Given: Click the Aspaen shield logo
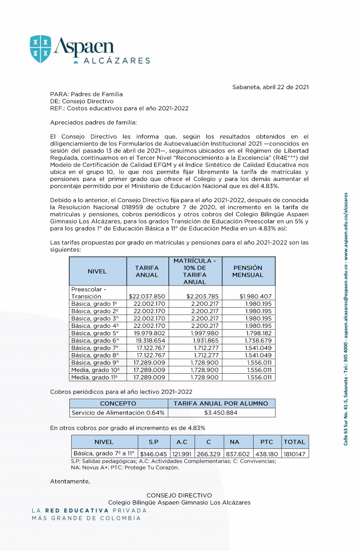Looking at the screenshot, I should (40, 49).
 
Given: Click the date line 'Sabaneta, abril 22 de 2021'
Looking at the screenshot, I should (270, 87).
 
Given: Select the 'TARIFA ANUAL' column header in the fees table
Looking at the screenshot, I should (147, 271).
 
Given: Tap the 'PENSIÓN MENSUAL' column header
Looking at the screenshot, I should (248, 271).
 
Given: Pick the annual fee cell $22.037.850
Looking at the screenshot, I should (147, 296).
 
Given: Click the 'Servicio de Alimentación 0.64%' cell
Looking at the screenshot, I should (118, 413).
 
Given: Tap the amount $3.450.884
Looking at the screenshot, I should (221, 413).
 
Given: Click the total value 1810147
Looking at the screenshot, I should (294, 454).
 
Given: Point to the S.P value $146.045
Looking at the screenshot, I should (153, 454).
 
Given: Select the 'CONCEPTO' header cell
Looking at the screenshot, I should (118, 403).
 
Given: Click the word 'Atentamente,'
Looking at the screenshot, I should (70, 481).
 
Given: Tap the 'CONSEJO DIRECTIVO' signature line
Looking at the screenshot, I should (179, 495).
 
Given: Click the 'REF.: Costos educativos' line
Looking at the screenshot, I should (119, 108).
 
